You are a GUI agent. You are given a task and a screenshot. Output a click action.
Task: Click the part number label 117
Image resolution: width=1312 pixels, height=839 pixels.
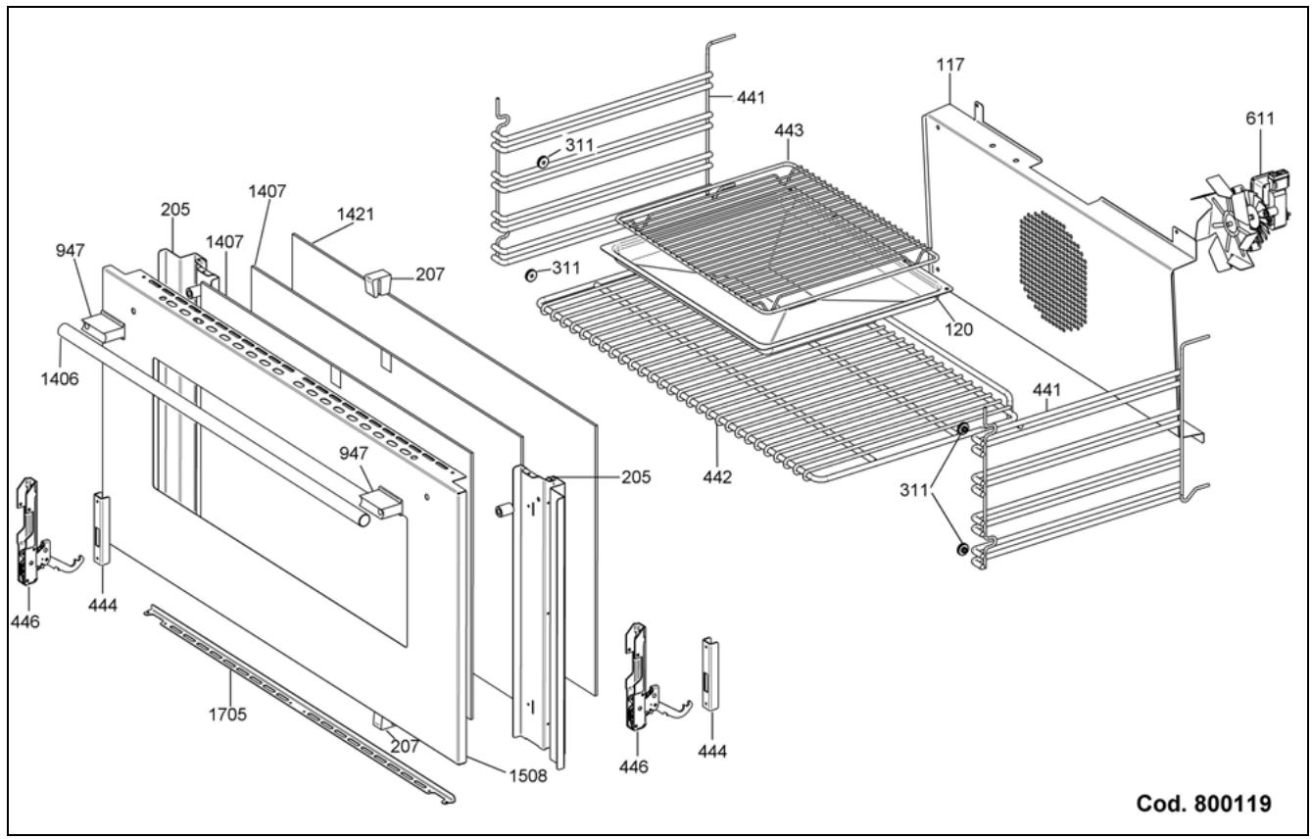949,65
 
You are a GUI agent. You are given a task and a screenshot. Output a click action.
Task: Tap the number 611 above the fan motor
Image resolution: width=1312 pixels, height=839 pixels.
1259,119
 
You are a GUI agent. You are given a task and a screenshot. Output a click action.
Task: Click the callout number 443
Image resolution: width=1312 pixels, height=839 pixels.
789,129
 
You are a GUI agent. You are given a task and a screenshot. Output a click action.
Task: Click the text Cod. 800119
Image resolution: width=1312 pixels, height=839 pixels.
1204,804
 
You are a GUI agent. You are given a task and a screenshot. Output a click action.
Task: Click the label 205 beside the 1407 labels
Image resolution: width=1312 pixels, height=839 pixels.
176,209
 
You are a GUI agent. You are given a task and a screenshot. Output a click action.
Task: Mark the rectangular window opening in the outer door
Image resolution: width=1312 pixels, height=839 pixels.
279,500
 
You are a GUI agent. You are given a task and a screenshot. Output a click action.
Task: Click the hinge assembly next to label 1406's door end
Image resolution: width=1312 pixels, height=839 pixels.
33,529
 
